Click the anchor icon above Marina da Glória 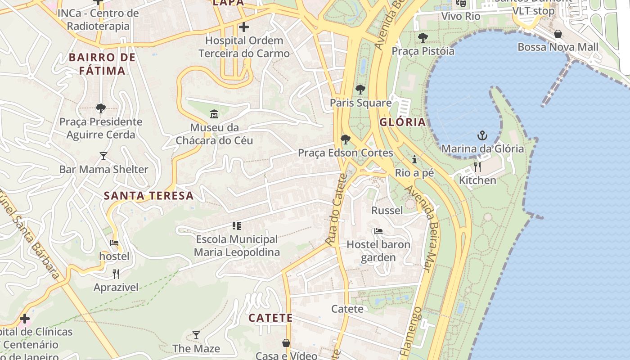(x=482, y=135)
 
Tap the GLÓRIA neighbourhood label (x=402, y=122)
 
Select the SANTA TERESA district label (x=148, y=196)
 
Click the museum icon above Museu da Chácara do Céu (x=214, y=113)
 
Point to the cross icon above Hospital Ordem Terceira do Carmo (x=244, y=27)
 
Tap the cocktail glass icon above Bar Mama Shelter (x=103, y=156)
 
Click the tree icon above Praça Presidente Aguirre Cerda (x=101, y=108)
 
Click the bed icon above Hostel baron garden (x=378, y=231)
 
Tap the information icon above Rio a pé (x=414, y=159)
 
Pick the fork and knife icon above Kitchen (x=477, y=167)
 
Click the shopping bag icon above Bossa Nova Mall (x=558, y=34)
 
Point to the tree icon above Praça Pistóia (x=423, y=37)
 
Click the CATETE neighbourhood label (x=270, y=318)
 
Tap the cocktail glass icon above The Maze (x=196, y=335)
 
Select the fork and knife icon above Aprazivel (x=116, y=274)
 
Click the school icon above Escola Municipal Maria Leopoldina (x=237, y=225)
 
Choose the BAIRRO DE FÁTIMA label (x=102, y=64)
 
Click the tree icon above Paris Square (x=360, y=89)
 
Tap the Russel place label (x=387, y=210)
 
